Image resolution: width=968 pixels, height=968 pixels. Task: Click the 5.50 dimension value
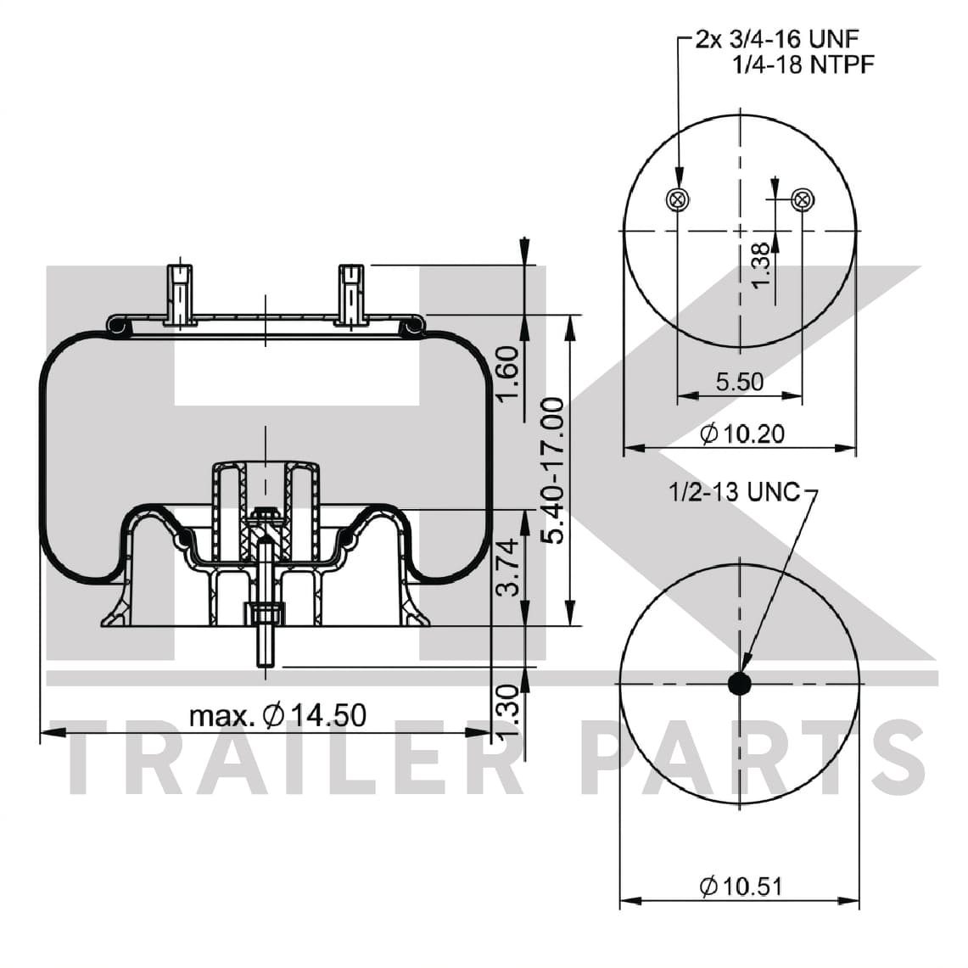tap(740, 382)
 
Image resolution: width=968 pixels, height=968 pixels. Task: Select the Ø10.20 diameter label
tap(742, 434)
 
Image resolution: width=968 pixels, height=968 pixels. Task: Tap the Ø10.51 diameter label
tap(741, 887)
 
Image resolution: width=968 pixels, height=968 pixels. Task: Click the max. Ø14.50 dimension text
tap(277, 715)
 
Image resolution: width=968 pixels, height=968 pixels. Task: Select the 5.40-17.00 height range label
tap(552, 470)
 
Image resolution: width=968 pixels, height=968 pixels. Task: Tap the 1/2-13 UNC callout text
tap(734, 492)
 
